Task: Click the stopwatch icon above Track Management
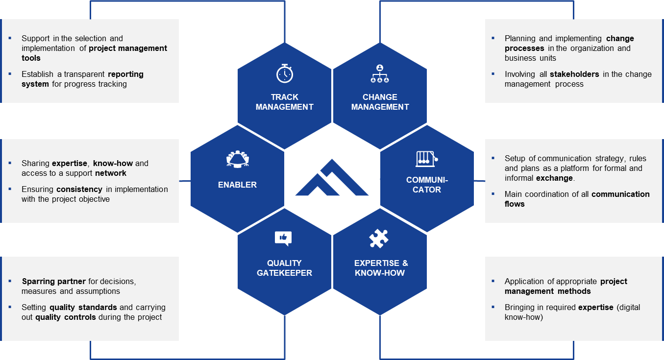click(x=285, y=73)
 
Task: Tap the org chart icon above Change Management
click(x=380, y=73)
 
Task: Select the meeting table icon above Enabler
click(x=238, y=159)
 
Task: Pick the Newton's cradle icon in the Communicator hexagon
click(x=426, y=159)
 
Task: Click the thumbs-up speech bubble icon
click(x=283, y=238)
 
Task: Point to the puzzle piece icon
click(x=379, y=239)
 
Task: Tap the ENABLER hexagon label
click(x=237, y=185)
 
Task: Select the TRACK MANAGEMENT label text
click(x=285, y=102)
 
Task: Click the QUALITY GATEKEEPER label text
click(x=284, y=268)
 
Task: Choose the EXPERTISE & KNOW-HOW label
click(x=381, y=268)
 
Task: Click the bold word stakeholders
click(x=574, y=74)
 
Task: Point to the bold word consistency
click(x=79, y=189)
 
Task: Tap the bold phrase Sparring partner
click(x=53, y=281)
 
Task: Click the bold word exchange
click(x=554, y=178)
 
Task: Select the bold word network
click(x=111, y=173)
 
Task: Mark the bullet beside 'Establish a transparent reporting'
click(x=10, y=74)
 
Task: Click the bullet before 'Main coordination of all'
click(x=493, y=194)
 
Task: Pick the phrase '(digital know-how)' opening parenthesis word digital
click(x=628, y=307)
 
